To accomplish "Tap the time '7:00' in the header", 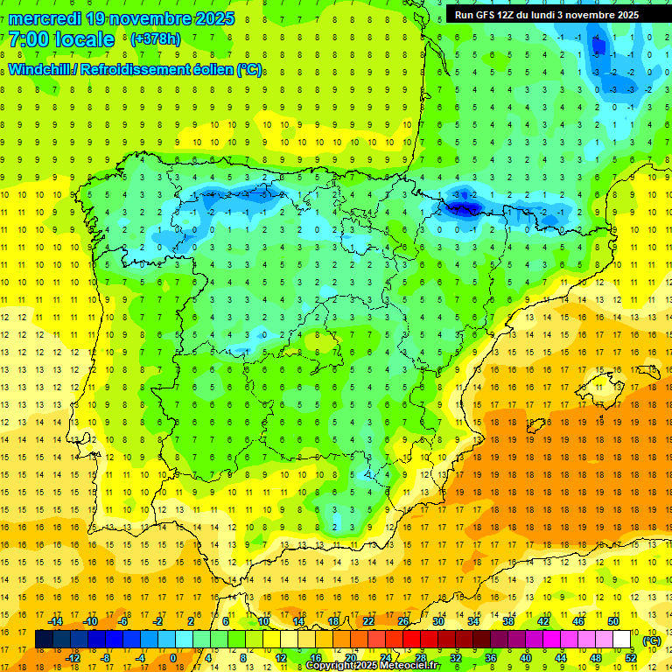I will click(30, 39).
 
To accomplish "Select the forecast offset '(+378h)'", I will click(155, 39).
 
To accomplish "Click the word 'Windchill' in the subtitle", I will click(40, 70).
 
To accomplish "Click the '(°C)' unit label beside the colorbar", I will click(651, 640).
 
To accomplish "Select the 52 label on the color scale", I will click(631, 657).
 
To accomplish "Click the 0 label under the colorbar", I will click(173, 657).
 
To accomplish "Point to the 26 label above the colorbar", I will click(403, 621).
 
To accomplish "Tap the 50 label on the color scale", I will click(613, 621).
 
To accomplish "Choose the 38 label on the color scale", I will click(508, 621).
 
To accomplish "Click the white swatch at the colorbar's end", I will click(622, 640).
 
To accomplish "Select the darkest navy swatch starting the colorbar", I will click(44, 640).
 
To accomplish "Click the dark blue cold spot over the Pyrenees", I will click(461, 206).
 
